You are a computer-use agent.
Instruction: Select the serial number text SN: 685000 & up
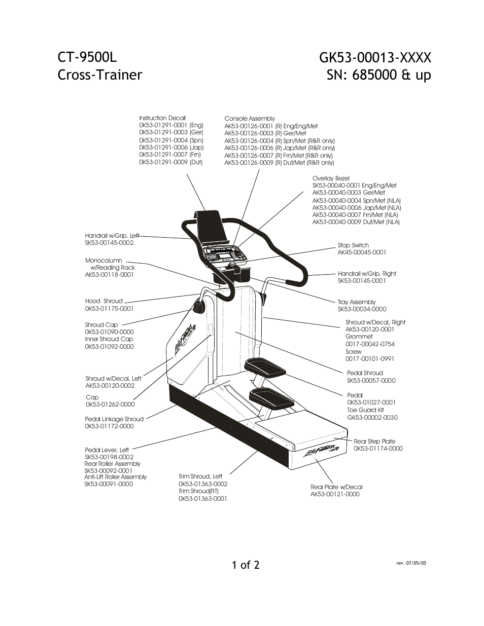click(x=379, y=75)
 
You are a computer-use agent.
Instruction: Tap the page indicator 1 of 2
click(x=246, y=564)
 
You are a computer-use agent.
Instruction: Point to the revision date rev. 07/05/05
click(x=411, y=563)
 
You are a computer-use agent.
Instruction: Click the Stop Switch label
click(x=353, y=245)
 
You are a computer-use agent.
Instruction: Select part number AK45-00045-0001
click(x=362, y=252)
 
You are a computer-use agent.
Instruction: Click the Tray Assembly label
click(x=357, y=302)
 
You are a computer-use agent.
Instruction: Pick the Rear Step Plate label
click(x=374, y=441)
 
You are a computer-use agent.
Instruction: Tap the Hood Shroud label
click(x=103, y=301)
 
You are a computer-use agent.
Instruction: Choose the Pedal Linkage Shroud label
click(x=114, y=419)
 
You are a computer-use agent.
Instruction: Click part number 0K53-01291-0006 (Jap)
click(x=171, y=148)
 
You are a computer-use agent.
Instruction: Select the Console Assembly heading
click(x=250, y=119)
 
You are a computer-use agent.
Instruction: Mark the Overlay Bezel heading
click(x=331, y=178)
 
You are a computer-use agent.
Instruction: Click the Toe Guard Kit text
click(x=365, y=410)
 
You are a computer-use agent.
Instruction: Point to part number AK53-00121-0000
click(x=335, y=494)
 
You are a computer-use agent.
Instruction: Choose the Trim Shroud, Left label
click(x=200, y=476)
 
